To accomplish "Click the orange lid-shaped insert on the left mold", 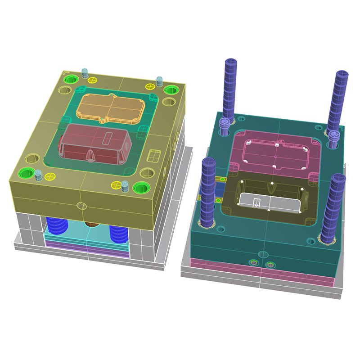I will pyautogui.click(x=110, y=108).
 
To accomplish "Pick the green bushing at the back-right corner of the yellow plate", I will pyautogui.click(x=171, y=90).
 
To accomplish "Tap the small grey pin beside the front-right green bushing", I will pyautogui.click(x=126, y=185).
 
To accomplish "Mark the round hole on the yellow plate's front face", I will pyautogui.click(x=81, y=206).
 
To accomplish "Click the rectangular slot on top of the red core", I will pyautogui.click(x=108, y=137).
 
